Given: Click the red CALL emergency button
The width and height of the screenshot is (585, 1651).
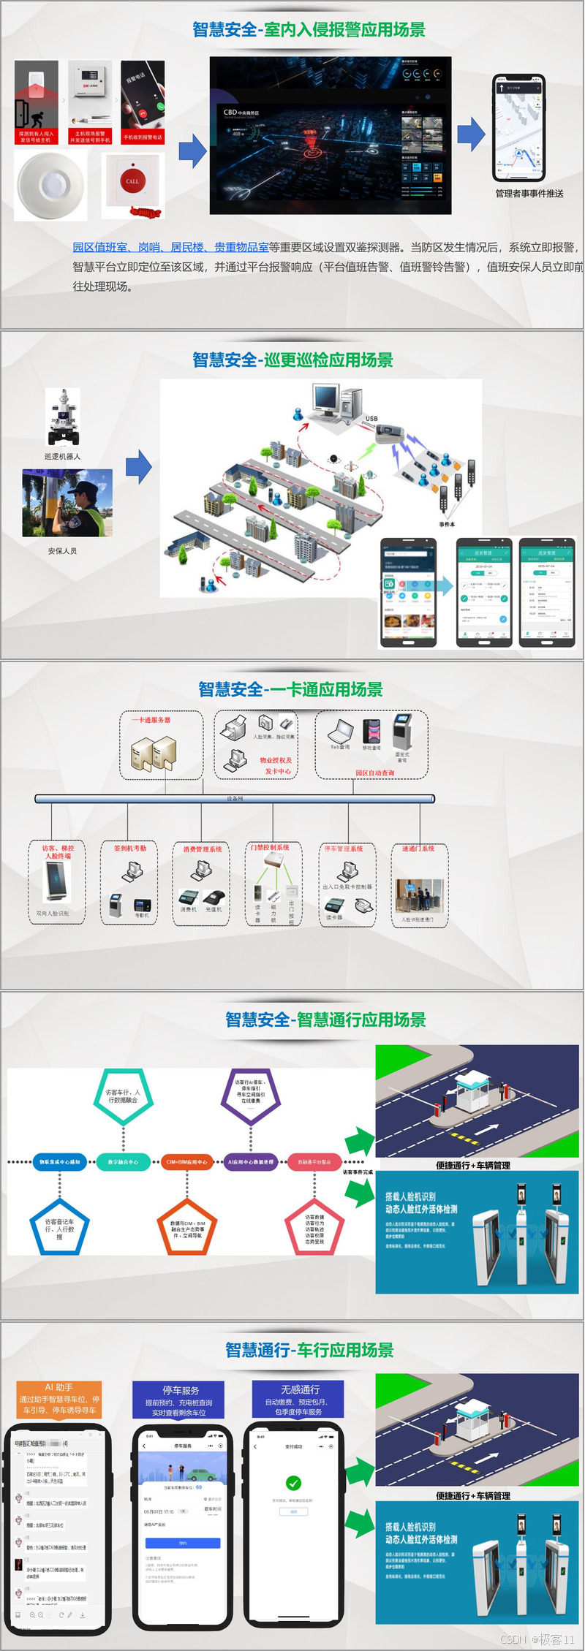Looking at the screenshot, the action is tap(132, 181).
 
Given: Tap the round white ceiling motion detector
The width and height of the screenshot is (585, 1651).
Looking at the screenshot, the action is tap(50, 186).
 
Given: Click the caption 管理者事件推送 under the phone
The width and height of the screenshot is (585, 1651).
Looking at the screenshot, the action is tap(529, 194).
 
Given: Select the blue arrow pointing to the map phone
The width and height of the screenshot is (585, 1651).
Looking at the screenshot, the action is tap(471, 134).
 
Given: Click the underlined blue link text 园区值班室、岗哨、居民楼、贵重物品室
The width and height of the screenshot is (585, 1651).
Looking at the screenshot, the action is tap(170, 247).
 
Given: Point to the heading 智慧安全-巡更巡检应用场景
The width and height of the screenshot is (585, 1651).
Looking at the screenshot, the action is tap(292, 360).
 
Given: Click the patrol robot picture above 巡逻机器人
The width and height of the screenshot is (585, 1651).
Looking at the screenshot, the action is tap(63, 417).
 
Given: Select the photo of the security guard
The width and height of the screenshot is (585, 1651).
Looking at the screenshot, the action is tap(67, 503).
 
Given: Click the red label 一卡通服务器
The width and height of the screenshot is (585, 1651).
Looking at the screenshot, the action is tap(151, 720).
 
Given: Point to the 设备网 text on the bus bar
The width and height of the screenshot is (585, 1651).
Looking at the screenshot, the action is tap(235, 799).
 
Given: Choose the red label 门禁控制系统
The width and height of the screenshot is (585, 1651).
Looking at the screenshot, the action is tap(270, 848).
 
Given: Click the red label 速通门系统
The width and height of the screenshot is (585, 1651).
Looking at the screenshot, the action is tap(418, 849).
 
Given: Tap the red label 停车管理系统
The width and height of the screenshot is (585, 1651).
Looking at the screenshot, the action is tap(344, 849).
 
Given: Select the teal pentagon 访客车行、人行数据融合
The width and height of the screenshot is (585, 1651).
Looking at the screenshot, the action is tap(123, 1096).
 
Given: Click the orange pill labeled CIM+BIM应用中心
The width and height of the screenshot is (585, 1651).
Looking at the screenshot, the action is tap(186, 1161).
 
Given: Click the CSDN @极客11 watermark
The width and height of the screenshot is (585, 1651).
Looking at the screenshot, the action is tap(538, 1639).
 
